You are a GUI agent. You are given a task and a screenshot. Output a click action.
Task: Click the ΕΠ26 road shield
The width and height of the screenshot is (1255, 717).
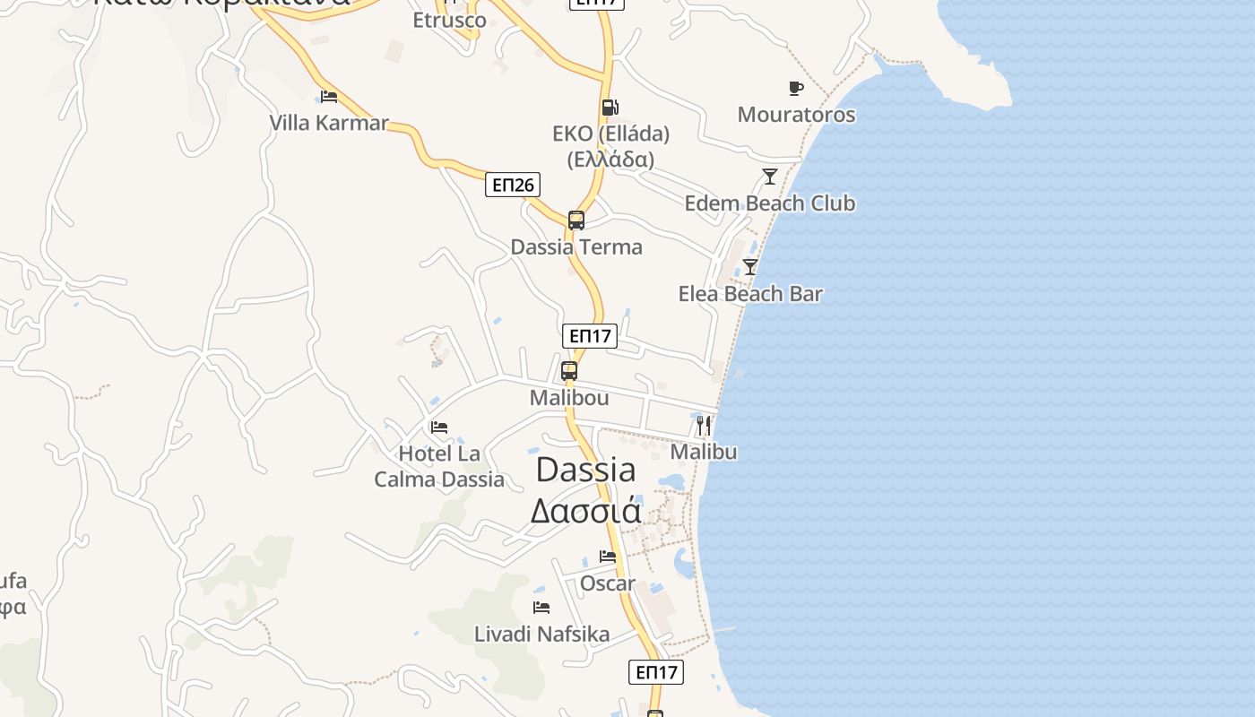[514, 186]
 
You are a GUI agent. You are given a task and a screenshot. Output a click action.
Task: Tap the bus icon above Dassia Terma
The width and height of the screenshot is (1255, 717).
[576, 220]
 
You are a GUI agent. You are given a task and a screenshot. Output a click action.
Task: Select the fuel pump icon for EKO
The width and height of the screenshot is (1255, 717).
[610, 108]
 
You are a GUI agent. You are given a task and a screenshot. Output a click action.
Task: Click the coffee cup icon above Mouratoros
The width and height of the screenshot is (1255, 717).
[795, 88]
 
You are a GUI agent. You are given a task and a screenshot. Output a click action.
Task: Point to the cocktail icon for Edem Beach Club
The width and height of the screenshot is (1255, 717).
[769, 177]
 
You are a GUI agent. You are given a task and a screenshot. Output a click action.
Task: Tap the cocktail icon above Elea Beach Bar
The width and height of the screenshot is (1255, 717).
[750, 267]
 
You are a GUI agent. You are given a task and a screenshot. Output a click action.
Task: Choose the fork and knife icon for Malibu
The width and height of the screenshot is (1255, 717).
[704, 425]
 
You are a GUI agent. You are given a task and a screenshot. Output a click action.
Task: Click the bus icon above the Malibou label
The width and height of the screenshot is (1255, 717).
[569, 371]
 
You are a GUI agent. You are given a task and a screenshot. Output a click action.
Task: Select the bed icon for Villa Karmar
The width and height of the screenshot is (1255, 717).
[329, 96]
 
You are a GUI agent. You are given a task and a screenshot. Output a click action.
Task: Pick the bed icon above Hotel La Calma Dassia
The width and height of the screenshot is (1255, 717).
[438, 428]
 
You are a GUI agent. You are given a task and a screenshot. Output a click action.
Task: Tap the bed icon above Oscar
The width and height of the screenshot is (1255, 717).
[608, 557]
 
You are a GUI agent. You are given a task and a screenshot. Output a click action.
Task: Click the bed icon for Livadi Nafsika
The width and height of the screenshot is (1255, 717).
[541, 608]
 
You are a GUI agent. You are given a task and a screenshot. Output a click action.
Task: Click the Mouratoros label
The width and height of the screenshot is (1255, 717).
[796, 115]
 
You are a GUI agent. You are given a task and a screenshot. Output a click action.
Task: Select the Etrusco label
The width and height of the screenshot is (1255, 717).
[449, 20]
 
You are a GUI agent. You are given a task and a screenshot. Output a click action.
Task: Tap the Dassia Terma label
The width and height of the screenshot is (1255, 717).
[576, 247]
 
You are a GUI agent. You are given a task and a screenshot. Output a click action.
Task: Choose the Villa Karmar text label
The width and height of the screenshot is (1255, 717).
[329, 123]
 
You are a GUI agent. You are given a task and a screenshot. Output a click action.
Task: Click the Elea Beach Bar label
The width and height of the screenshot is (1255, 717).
[750, 294]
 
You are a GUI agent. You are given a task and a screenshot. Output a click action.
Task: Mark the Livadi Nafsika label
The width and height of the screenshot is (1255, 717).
[541, 635]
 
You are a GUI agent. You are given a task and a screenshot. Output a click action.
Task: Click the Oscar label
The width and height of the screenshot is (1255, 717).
[608, 583]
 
